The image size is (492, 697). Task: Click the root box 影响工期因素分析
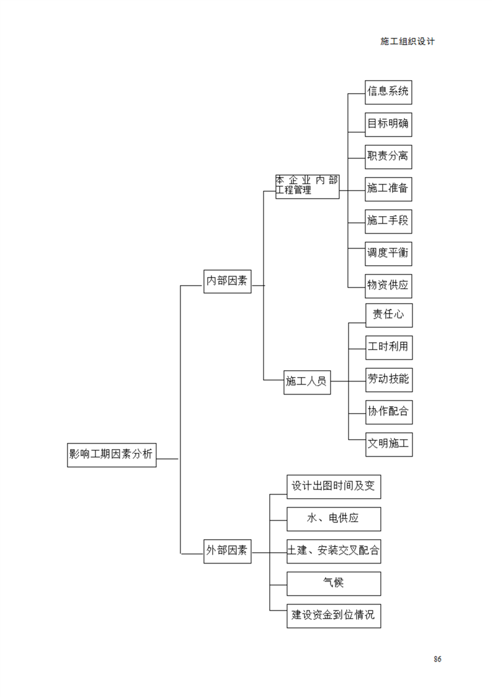[112, 455]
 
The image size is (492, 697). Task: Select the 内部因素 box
[227, 281]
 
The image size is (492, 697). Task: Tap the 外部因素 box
[227, 551]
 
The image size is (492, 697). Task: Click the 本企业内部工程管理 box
[307, 187]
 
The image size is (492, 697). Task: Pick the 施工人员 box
[307, 382]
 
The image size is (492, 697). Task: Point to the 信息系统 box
[388, 93]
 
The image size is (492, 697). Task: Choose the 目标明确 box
[388, 125]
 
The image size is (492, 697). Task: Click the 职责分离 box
[388, 157]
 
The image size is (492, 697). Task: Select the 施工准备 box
[388, 189]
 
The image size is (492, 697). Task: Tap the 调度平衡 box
[388, 254]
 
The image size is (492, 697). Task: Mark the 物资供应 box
[388, 286]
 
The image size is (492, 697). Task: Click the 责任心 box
[389, 315]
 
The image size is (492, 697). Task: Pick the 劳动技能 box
[389, 380]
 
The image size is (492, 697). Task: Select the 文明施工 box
[389, 445]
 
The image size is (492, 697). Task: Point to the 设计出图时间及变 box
[334, 487]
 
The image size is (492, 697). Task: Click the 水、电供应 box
[334, 519]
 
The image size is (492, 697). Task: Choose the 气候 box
[334, 584]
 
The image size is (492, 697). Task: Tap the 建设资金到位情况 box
[334, 616]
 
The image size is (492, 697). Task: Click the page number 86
[437, 658]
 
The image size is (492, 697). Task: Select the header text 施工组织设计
[408, 42]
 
